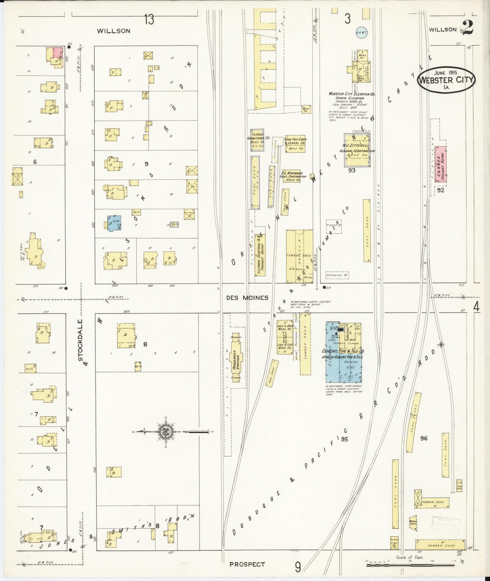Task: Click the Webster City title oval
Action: pos(446,79)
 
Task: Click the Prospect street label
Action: pos(247,564)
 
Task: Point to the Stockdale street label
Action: pos(81,342)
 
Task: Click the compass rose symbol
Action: pos(166,432)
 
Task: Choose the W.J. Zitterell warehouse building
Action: pos(357,149)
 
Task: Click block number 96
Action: pos(424,438)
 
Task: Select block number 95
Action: pos(345,439)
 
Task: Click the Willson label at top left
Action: pos(113,31)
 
